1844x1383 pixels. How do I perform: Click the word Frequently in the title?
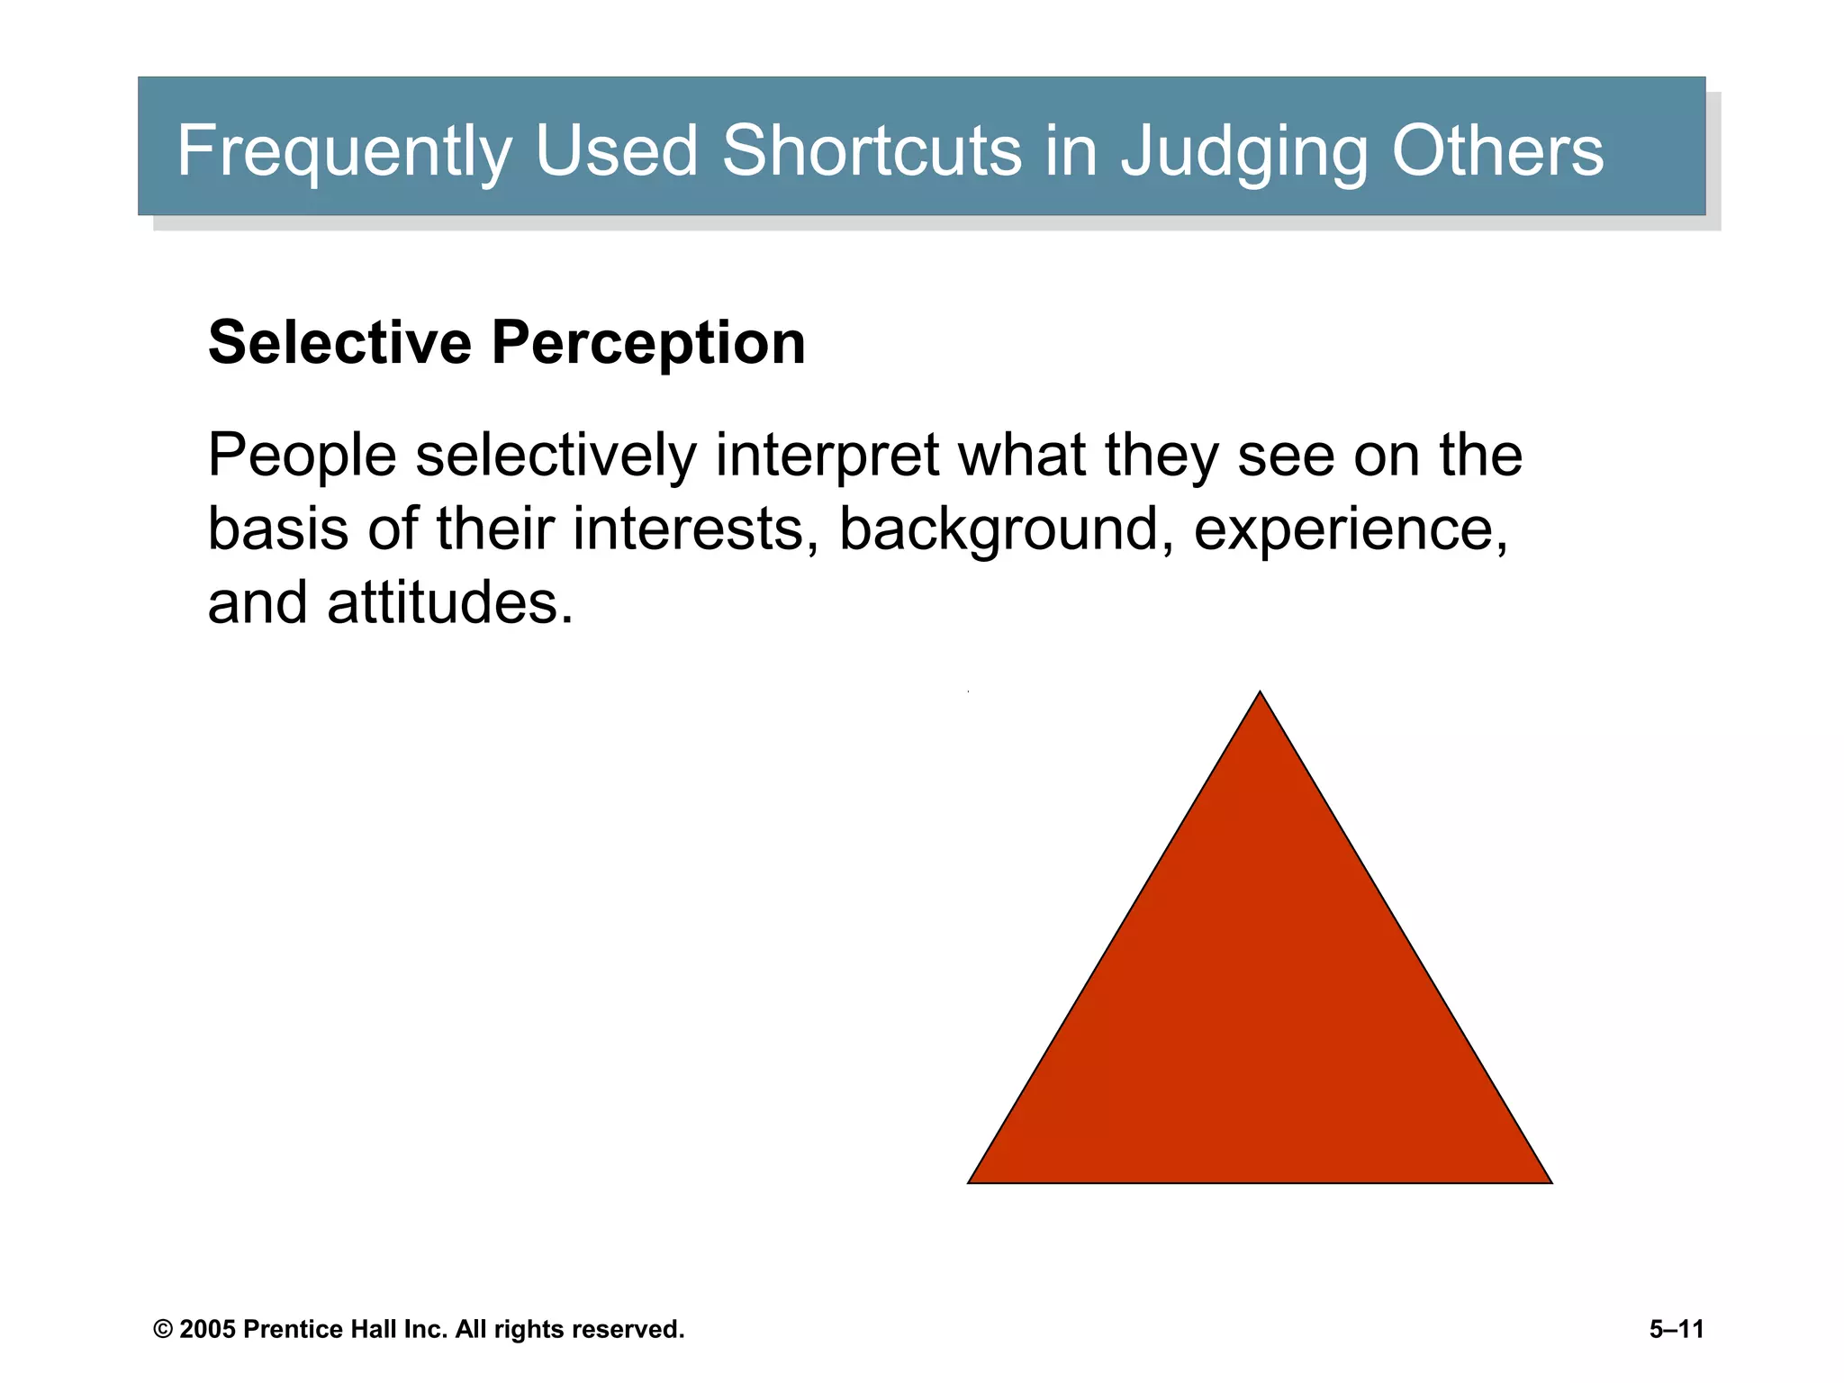coord(344,151)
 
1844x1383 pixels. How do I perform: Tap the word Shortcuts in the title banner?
coord(871,149)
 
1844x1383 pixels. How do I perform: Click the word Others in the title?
coord(1497,149)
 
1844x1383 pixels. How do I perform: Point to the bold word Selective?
coord(339,343)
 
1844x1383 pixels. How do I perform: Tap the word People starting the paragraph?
coord(302,456)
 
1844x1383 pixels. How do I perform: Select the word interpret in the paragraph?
coord(827,456)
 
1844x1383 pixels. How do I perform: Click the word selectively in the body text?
coord(556,456)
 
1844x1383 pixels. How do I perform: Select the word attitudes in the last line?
coord(449,603)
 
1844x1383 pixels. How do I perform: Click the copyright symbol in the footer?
coord(163,1330)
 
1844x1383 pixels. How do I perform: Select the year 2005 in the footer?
coord(207,1330)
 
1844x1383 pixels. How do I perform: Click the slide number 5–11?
coord(1677,1330)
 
